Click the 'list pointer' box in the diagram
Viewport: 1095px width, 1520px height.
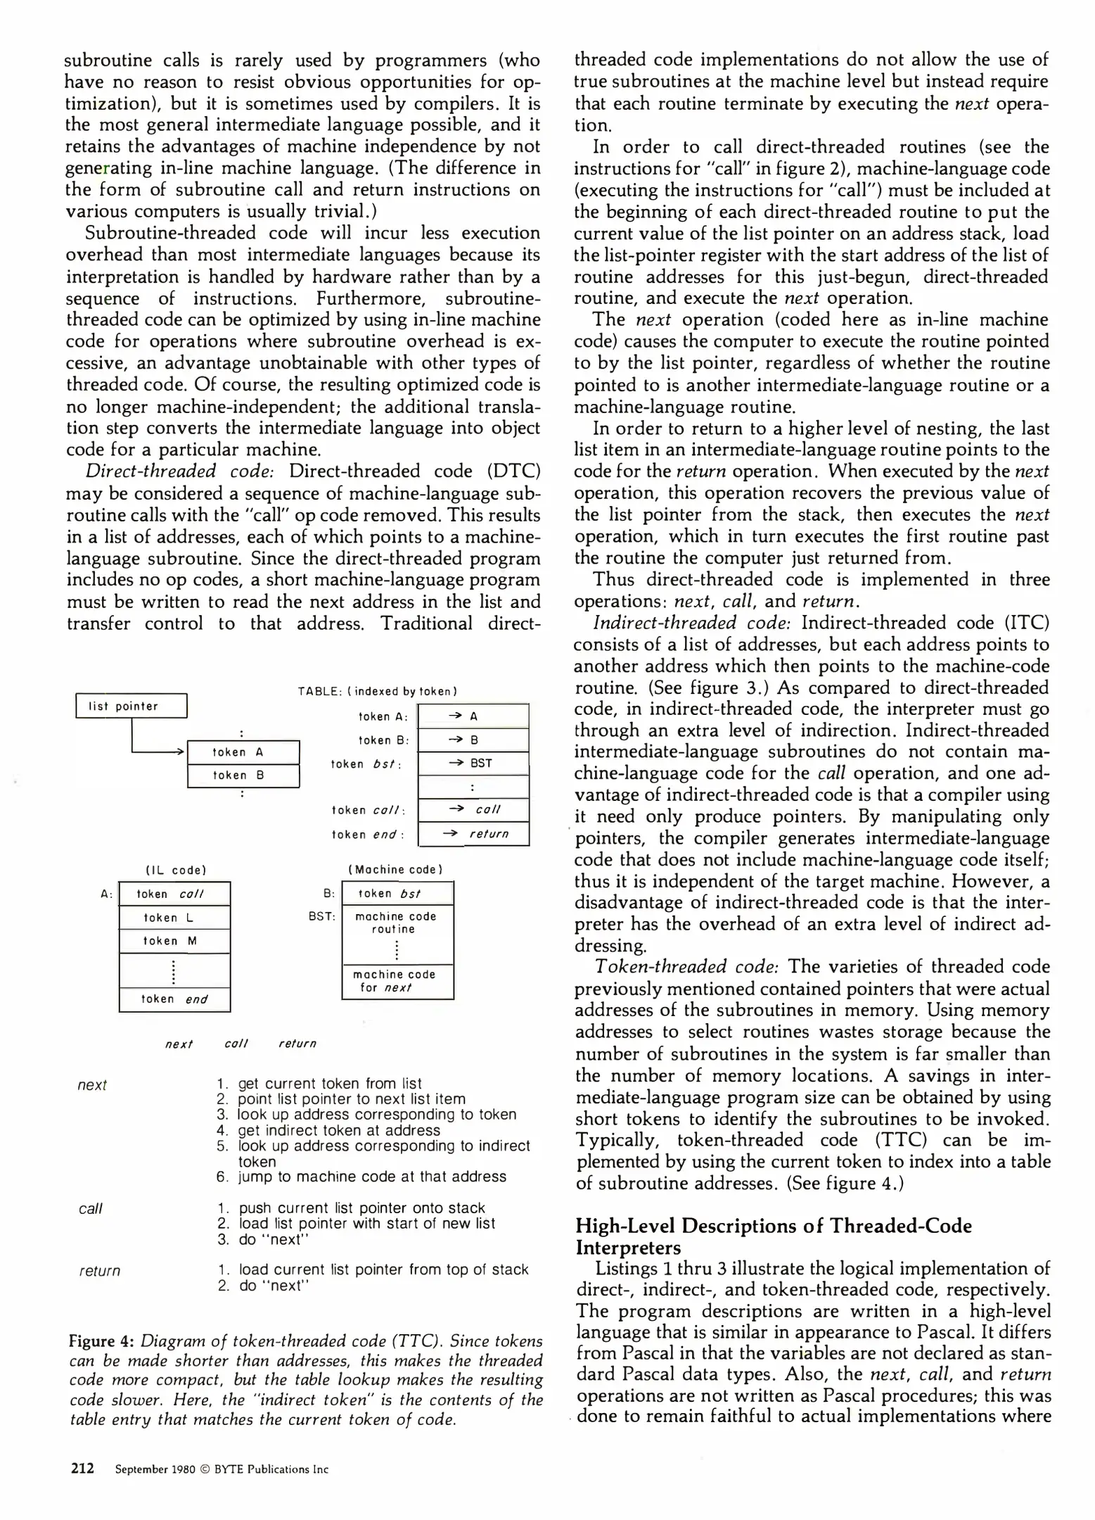click(x=132, y=706)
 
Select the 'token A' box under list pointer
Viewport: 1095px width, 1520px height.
click(x=243, y=752)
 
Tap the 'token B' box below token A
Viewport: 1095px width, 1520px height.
click(x=243, y=775)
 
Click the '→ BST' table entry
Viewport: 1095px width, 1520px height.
click(x=473, y=763)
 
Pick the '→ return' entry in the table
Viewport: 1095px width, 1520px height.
click(x=473, y=834)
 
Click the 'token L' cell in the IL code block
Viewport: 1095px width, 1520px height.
click(x=174, y=918)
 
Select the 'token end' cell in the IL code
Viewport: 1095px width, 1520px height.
click(x=174, y=999)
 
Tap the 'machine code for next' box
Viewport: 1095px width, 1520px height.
click(x=397, y=981)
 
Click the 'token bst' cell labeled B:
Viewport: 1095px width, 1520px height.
click(x=397, y=894)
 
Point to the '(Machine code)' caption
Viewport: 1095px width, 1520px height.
click(x=395, y=870)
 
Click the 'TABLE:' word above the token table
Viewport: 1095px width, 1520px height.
click(x=320, y=692)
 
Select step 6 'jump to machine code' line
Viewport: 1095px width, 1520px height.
click(x=371, y=1177)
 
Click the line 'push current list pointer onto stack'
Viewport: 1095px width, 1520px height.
click(x=361, y=1208)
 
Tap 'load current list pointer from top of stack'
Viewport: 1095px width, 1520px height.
click(x=383, y=1269)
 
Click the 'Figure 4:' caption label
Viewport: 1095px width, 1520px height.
click(x=101, y=1342)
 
